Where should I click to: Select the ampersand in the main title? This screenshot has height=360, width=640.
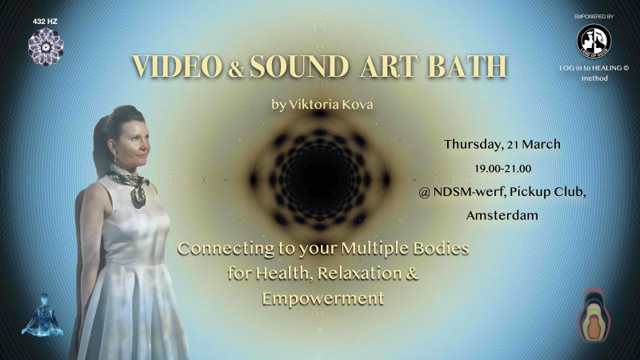click(x=237, y=69)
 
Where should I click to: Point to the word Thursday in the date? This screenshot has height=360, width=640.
click(x=472, y=145)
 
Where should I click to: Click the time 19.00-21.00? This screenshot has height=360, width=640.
click(x=502, y=169)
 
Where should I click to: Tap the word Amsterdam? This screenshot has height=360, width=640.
click(x=502, y=216)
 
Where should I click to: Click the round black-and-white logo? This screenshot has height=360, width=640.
click(x=594, y=41)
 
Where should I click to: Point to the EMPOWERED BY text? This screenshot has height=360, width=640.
click(x=594, y=16)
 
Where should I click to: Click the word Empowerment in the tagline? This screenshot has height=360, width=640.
click(x=322, y=299)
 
